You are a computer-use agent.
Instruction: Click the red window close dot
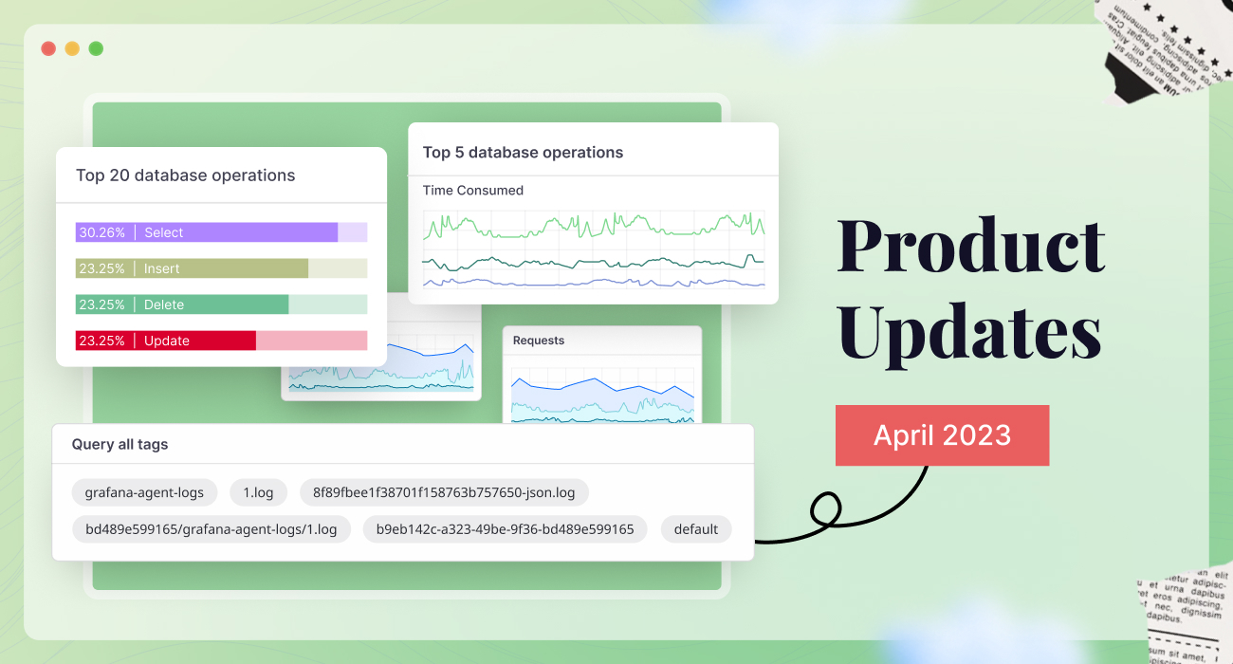48,48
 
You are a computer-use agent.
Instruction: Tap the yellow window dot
72,48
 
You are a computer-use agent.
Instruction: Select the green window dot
96,48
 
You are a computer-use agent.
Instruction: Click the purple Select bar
207,232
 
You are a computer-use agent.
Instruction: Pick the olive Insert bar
192,268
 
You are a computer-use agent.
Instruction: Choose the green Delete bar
182,304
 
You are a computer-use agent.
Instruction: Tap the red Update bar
166,341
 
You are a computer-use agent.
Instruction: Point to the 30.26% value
101,232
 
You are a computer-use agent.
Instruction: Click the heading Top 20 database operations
185,175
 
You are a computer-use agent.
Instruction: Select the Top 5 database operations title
523,153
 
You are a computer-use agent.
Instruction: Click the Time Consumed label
472,191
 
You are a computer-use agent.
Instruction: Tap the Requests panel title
538,341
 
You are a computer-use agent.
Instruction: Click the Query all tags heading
120,444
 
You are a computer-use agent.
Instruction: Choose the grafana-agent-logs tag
144,492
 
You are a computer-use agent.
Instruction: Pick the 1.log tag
258,492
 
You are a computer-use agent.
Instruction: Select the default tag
695,529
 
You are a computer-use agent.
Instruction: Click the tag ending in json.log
444,492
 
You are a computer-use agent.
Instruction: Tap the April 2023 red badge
942,435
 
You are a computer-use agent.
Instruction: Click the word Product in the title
970,246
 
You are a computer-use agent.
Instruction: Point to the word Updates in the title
968,333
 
